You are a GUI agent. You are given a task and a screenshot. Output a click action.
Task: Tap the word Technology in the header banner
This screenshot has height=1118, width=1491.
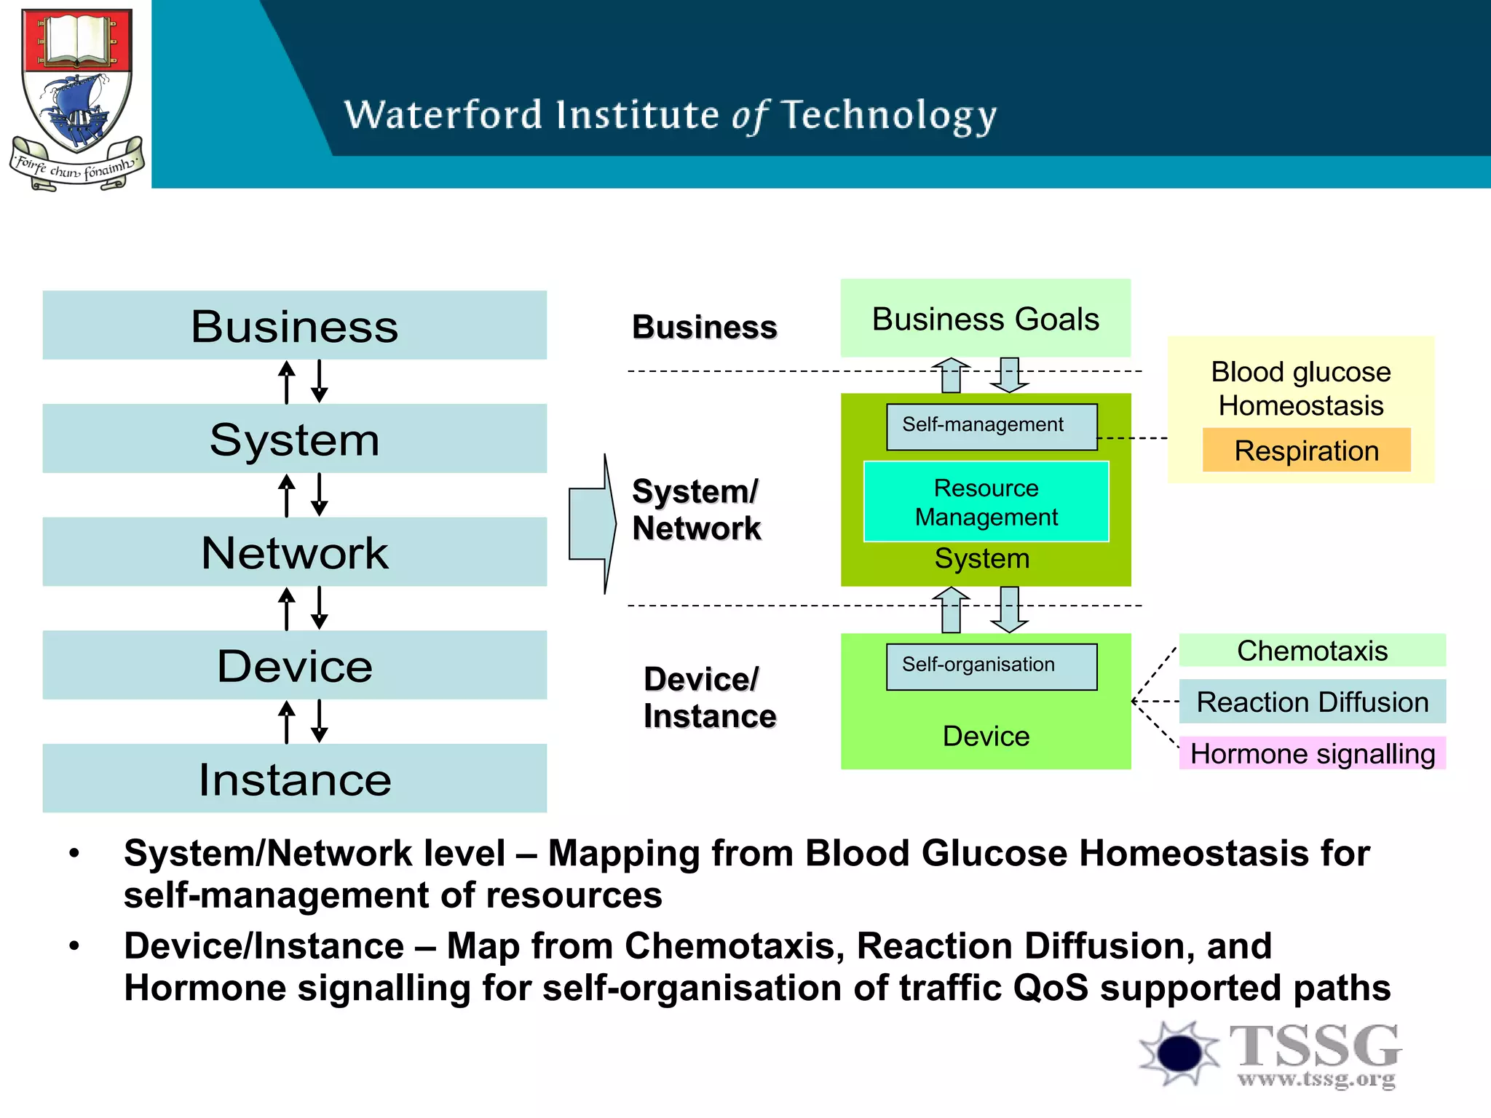889,116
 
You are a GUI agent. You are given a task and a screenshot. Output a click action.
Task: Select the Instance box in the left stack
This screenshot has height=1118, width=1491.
294,778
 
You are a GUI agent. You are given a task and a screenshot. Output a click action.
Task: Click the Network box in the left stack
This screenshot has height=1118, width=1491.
294,552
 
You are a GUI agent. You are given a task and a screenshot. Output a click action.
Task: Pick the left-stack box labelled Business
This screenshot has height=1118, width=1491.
294,325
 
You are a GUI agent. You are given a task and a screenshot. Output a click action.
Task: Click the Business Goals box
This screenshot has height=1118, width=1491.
985,319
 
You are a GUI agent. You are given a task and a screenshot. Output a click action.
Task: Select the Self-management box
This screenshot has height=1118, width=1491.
991,427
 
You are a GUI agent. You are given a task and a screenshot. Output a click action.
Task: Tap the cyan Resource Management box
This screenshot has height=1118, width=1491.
986,501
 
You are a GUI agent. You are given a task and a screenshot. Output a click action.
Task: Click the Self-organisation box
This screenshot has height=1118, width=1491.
991,666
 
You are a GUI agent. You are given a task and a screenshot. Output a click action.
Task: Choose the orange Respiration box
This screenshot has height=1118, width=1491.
1306,451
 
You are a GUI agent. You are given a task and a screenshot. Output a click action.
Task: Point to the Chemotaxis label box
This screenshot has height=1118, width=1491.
1312,650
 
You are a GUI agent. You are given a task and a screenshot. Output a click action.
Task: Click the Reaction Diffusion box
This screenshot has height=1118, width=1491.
1312,702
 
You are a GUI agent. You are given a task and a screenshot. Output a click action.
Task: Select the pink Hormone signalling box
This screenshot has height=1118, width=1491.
1312,753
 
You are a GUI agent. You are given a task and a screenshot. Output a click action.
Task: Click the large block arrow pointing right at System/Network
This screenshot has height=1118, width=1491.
592,524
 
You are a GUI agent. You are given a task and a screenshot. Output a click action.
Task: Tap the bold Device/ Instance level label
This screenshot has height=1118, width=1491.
709,697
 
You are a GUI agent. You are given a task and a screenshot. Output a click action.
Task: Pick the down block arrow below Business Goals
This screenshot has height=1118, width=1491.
1009,375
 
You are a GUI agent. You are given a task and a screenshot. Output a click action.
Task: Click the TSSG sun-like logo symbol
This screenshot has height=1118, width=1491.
1179,1052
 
